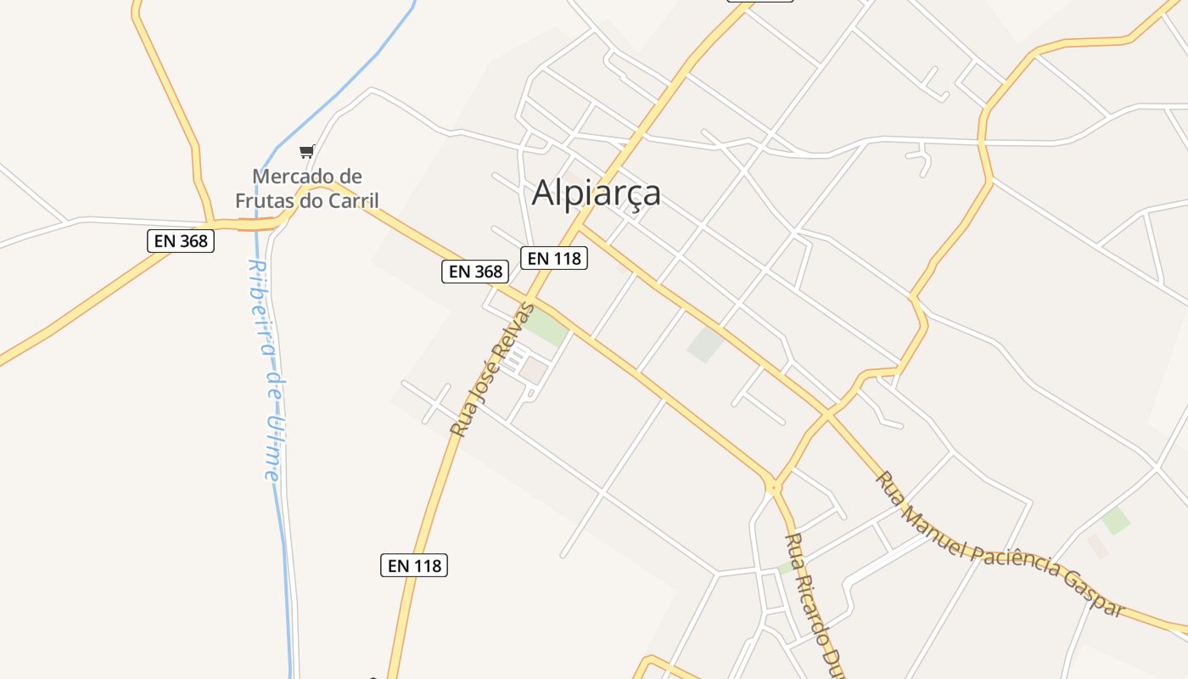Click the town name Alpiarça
(596, 194)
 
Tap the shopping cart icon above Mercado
(306, 152)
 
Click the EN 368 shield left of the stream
(181, 241)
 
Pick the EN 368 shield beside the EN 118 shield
(475, 272)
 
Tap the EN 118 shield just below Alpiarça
(554, 258)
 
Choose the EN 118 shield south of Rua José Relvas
(413, 565)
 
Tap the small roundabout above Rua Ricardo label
(773, 487)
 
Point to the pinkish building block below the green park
(534, 369)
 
